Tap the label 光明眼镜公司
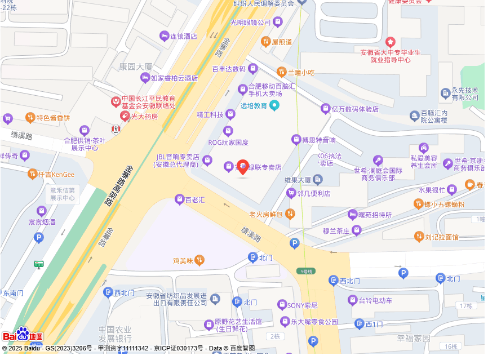tap(251, 23)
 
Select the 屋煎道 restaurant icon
tap(265, 41)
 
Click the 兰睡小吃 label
tap(301, 72)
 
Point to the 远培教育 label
tap(254, 105)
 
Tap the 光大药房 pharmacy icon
tap(125, 116)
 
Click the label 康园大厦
tap(135, 66)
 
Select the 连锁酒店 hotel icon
tap(164, 36)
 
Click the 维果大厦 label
tap(298, 180)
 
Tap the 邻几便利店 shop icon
tap(291, 193)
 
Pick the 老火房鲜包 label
tap(266, 214)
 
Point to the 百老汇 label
tap(195, 199)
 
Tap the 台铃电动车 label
tap(375, 300)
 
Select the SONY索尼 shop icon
tap(282, 305)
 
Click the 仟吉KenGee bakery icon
tap(32, 174)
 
